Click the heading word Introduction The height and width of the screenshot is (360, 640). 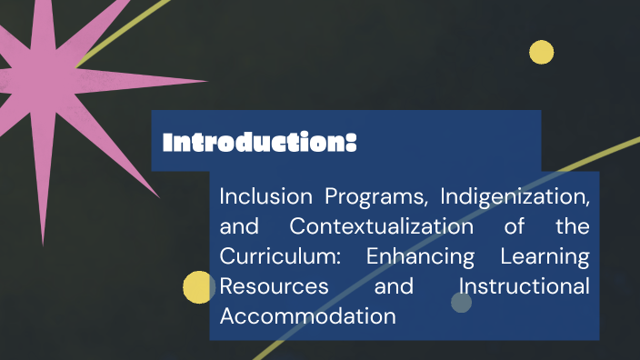tap(254, 143)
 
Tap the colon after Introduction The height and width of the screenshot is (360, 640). tap(351, 144)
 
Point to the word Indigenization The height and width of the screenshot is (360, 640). tap(515, 195)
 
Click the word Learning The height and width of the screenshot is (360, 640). tap(545, 255)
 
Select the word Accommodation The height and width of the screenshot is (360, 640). tap(307, 315)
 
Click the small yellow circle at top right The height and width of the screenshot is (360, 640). tap(542, 53)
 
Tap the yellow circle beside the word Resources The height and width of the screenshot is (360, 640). tap(198, 287)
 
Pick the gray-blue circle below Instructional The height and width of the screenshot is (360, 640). tap(462, 303)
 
